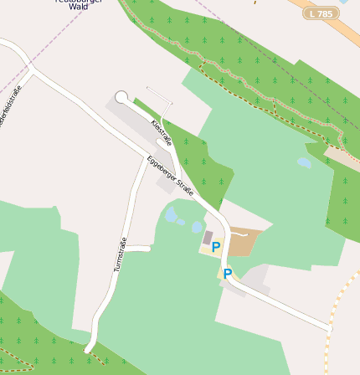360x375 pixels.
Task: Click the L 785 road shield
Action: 321,13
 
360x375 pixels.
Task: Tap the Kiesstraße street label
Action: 161,132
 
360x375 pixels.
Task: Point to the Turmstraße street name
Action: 120,255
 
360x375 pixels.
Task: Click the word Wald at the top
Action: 79,6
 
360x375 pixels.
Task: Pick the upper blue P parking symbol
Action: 215,247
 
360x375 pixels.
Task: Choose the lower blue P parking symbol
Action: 227,274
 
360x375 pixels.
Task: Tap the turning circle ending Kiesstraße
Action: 122,97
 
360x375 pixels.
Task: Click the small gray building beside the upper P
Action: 208,238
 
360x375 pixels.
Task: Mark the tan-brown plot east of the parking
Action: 245,241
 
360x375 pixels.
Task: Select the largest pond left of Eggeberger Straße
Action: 172,215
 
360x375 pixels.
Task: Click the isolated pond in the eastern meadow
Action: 304,163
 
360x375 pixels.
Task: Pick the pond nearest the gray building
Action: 197,227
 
